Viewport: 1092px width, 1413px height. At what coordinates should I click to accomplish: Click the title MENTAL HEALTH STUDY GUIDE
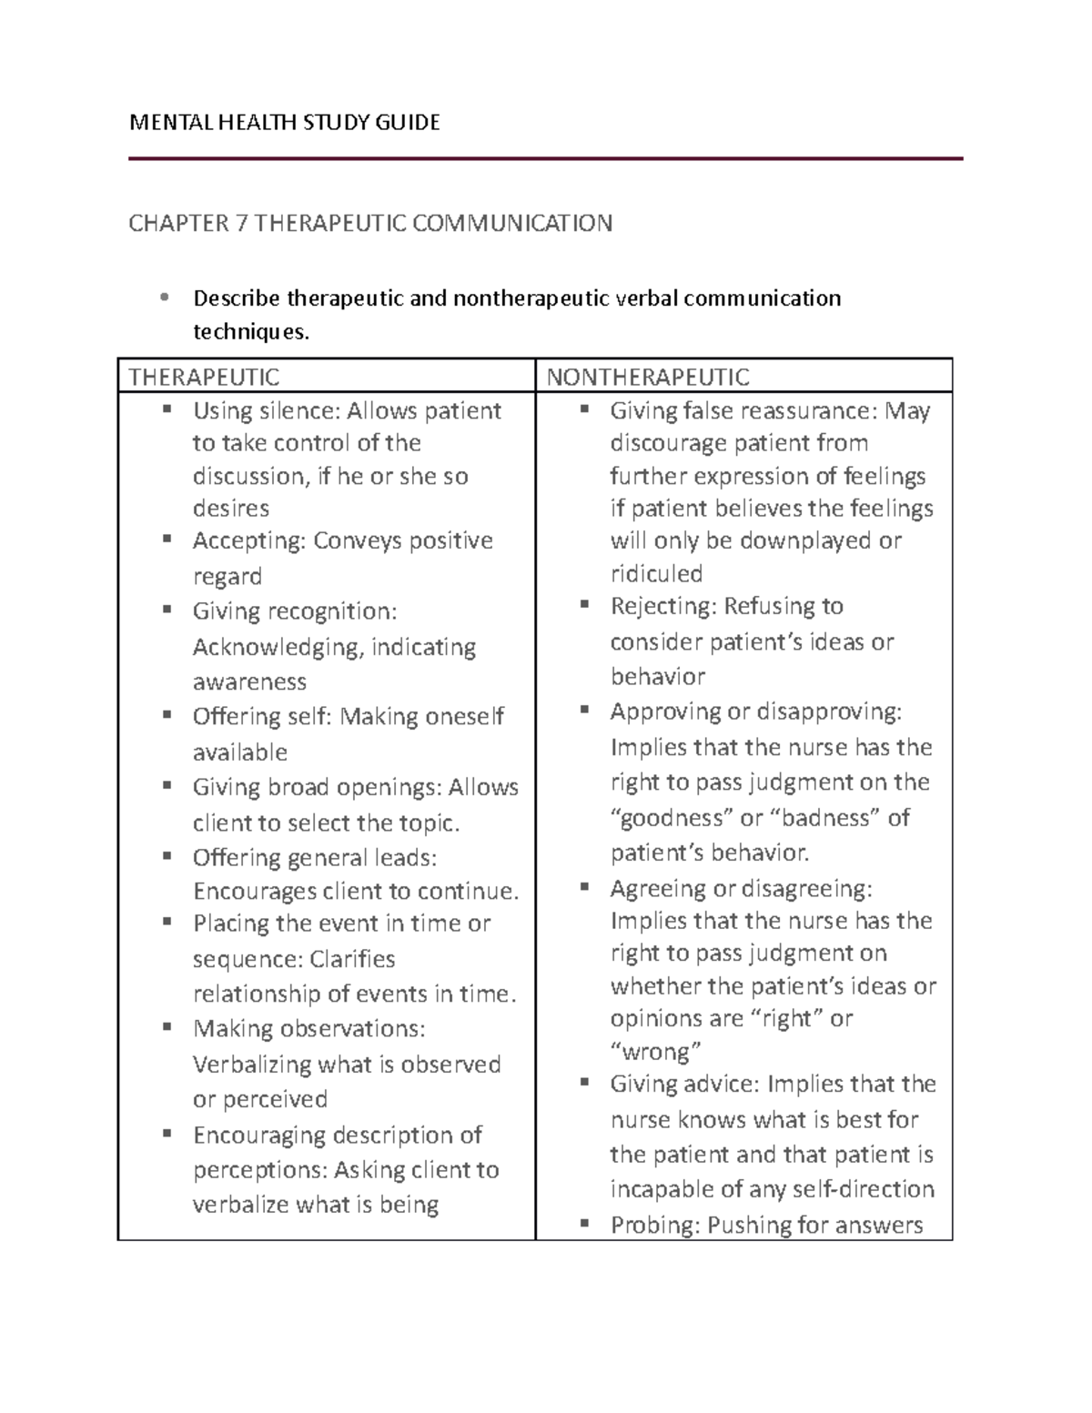pyautogui.click(x=285, y=123)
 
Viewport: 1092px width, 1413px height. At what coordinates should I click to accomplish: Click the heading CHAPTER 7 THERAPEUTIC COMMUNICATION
pyautogui.click(x=370, y=223)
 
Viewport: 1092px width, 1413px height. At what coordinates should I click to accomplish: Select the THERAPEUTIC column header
pyautogui.click(x=204, y=377)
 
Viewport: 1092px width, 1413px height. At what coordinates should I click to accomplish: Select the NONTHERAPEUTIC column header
pyautogui.click(x=648, y=377)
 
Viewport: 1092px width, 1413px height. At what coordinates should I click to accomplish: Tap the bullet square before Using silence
pyautogui.click(x=167, y=409)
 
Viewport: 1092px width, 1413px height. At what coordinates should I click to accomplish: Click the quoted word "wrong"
pyautogui.click(x=655, y=1052)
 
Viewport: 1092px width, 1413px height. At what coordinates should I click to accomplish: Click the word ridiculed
pyautogui.click(x=656, y=573)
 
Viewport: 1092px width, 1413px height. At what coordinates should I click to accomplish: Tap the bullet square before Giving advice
pyautogui.click(x=585, y=1083)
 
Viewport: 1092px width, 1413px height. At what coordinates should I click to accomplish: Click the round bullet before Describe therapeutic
pyautogui.click(x=164, y=298)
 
